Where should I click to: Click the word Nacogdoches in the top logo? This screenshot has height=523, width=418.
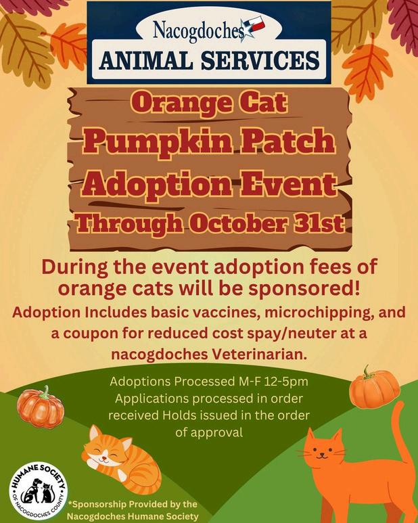click(198, 32)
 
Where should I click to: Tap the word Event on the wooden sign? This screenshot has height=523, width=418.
click(289, 185)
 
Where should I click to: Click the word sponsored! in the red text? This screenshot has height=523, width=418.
click(304, 289)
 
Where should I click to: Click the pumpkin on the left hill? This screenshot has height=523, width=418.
click(41, 407)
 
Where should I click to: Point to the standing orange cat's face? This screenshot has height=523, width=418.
click(322, 450)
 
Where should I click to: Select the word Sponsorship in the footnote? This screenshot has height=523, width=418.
click(99, 504)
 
